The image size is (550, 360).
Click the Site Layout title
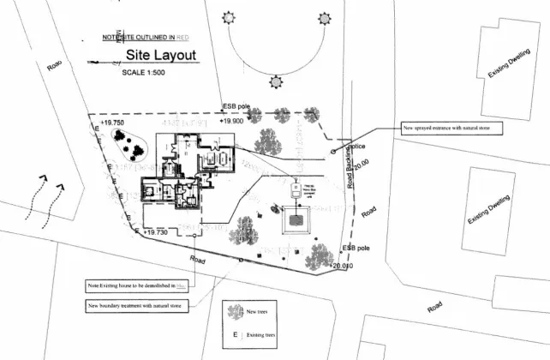[161, 55]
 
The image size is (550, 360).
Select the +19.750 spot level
[111, 123]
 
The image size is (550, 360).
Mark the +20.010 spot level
[339, 267]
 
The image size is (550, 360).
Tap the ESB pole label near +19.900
[236, 106]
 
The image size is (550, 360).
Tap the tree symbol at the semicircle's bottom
[276, 82]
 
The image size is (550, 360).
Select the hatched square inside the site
[296, 220]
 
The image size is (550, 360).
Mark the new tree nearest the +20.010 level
[320, 255]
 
